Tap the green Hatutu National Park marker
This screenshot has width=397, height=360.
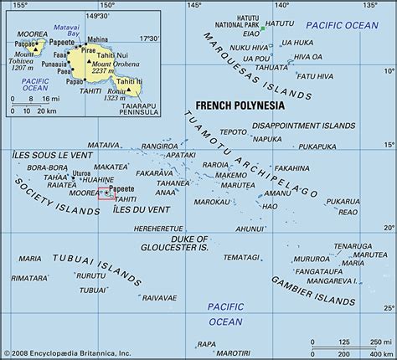(262, 29)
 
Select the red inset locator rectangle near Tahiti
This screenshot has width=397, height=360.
(107, 193)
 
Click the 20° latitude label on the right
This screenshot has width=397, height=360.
(387, 228)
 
